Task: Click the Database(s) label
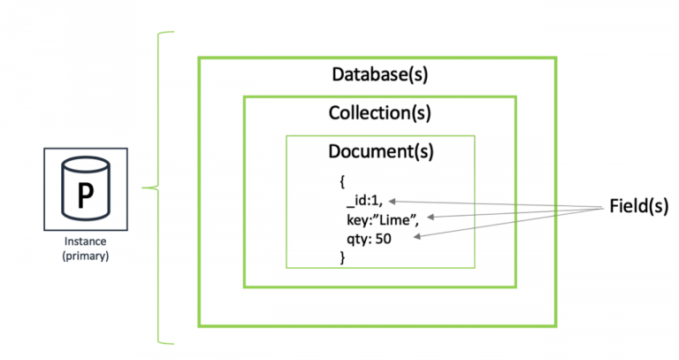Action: [379, 73]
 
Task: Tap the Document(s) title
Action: [380, 151]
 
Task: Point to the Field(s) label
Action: [639, 206]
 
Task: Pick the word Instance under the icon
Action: [85, 241]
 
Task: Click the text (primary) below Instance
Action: [85, 256]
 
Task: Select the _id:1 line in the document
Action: [364, 201]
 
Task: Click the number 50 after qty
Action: [385, 238]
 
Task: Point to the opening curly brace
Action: [342, 181]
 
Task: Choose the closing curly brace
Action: [342, 257]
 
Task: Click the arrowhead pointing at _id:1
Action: [393, 201]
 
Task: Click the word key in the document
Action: [355, 219]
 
